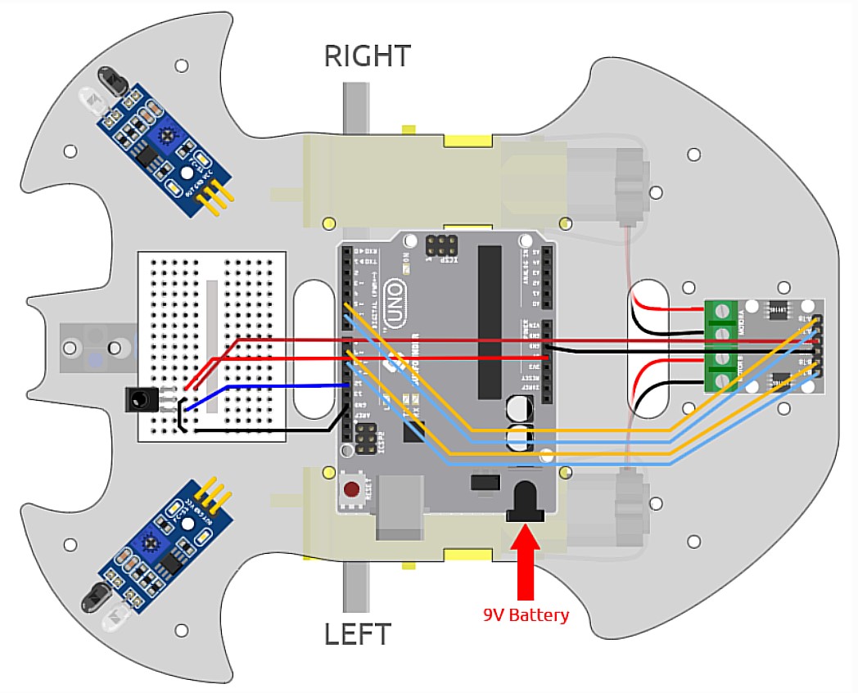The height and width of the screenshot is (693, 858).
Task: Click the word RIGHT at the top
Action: [367, 56]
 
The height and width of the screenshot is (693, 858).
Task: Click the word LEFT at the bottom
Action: [357, 634]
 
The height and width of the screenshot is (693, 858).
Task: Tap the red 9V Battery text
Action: [526, 614]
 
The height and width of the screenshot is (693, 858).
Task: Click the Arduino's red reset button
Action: [351, 491]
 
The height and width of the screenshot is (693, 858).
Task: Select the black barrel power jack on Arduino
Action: [525, 500]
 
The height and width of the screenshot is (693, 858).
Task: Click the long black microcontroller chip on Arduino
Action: [490, 319]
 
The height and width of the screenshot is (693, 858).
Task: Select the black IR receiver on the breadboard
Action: [140, 399]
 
